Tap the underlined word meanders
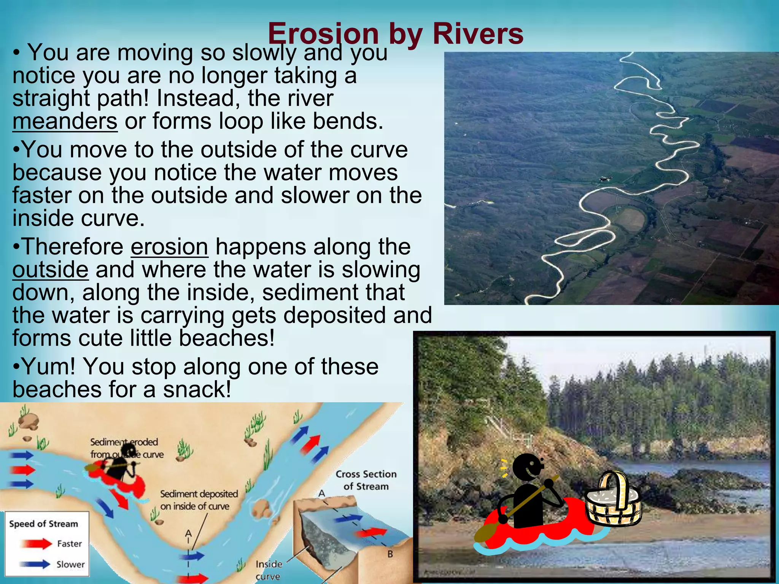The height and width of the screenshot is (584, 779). pos(65,122)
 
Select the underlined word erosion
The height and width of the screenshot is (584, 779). pos(169,247)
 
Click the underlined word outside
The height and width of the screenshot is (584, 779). pos(50,270)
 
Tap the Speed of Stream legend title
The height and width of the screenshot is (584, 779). pos(43,524)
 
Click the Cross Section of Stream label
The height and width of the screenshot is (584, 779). pos(366,480)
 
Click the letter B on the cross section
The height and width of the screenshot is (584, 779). pos(390,554)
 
